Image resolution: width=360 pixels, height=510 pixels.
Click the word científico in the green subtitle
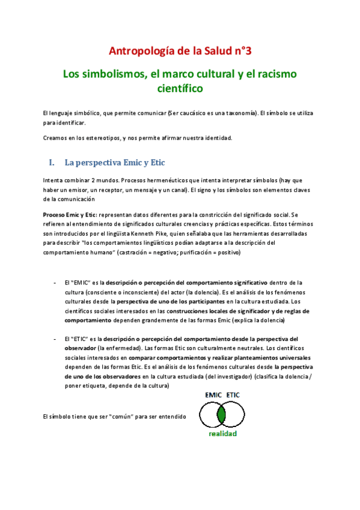tap(180, 89)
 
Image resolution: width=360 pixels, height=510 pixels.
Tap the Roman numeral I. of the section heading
tap(52, 163)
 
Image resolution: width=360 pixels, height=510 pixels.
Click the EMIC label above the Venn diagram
tap(213, 395)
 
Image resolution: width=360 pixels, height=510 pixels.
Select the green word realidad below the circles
tap(223, 434)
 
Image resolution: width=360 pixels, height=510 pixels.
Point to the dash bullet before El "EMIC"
tap(54, 282)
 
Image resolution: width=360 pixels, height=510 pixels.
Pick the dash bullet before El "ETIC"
tap(54, 339)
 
